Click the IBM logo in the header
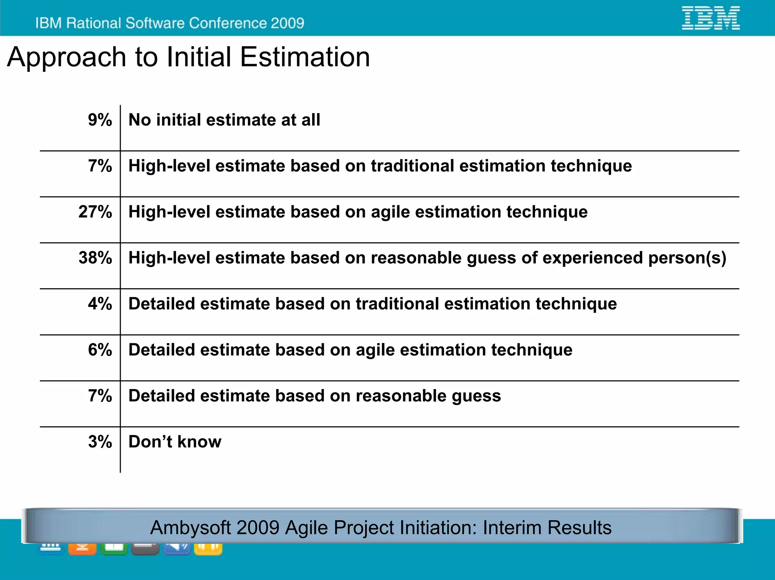[x=711, y=18]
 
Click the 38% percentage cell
[x=95, y=258]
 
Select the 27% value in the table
[x=95, y=212]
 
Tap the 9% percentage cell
[x=100, y=120]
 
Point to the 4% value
[x=100, y=304]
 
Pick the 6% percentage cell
[x=100, y=350]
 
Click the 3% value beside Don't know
[x=100, y=442]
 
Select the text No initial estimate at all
[x=224, y=120]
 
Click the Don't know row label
[x=175, y=442]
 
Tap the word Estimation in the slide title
[x=305, y=57]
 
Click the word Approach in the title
[x=67, y=58]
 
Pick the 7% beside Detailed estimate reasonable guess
[x=100, y=396]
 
